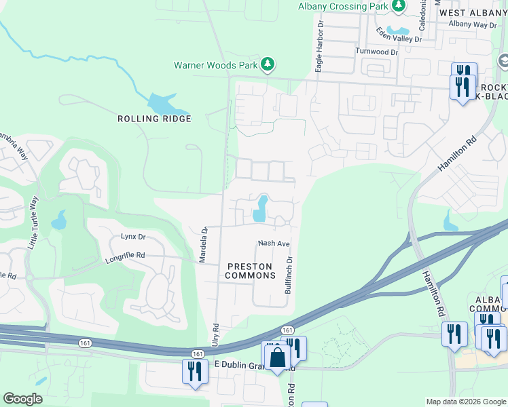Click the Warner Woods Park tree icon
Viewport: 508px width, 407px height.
[269, 64]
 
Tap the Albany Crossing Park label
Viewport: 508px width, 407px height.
[342, 6]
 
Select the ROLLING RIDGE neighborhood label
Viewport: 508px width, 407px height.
[154, 119]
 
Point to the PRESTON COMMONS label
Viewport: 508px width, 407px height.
[250, 271]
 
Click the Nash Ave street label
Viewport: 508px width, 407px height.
[274, 244]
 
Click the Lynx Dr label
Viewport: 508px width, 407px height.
[133, 237]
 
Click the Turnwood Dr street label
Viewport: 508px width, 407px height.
[376, 52]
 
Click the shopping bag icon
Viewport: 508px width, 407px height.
[277, 357]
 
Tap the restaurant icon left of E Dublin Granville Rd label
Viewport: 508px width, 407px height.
[195, 371]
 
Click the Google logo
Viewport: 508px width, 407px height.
[22, 399]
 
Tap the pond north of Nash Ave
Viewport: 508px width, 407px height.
[259, 210]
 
